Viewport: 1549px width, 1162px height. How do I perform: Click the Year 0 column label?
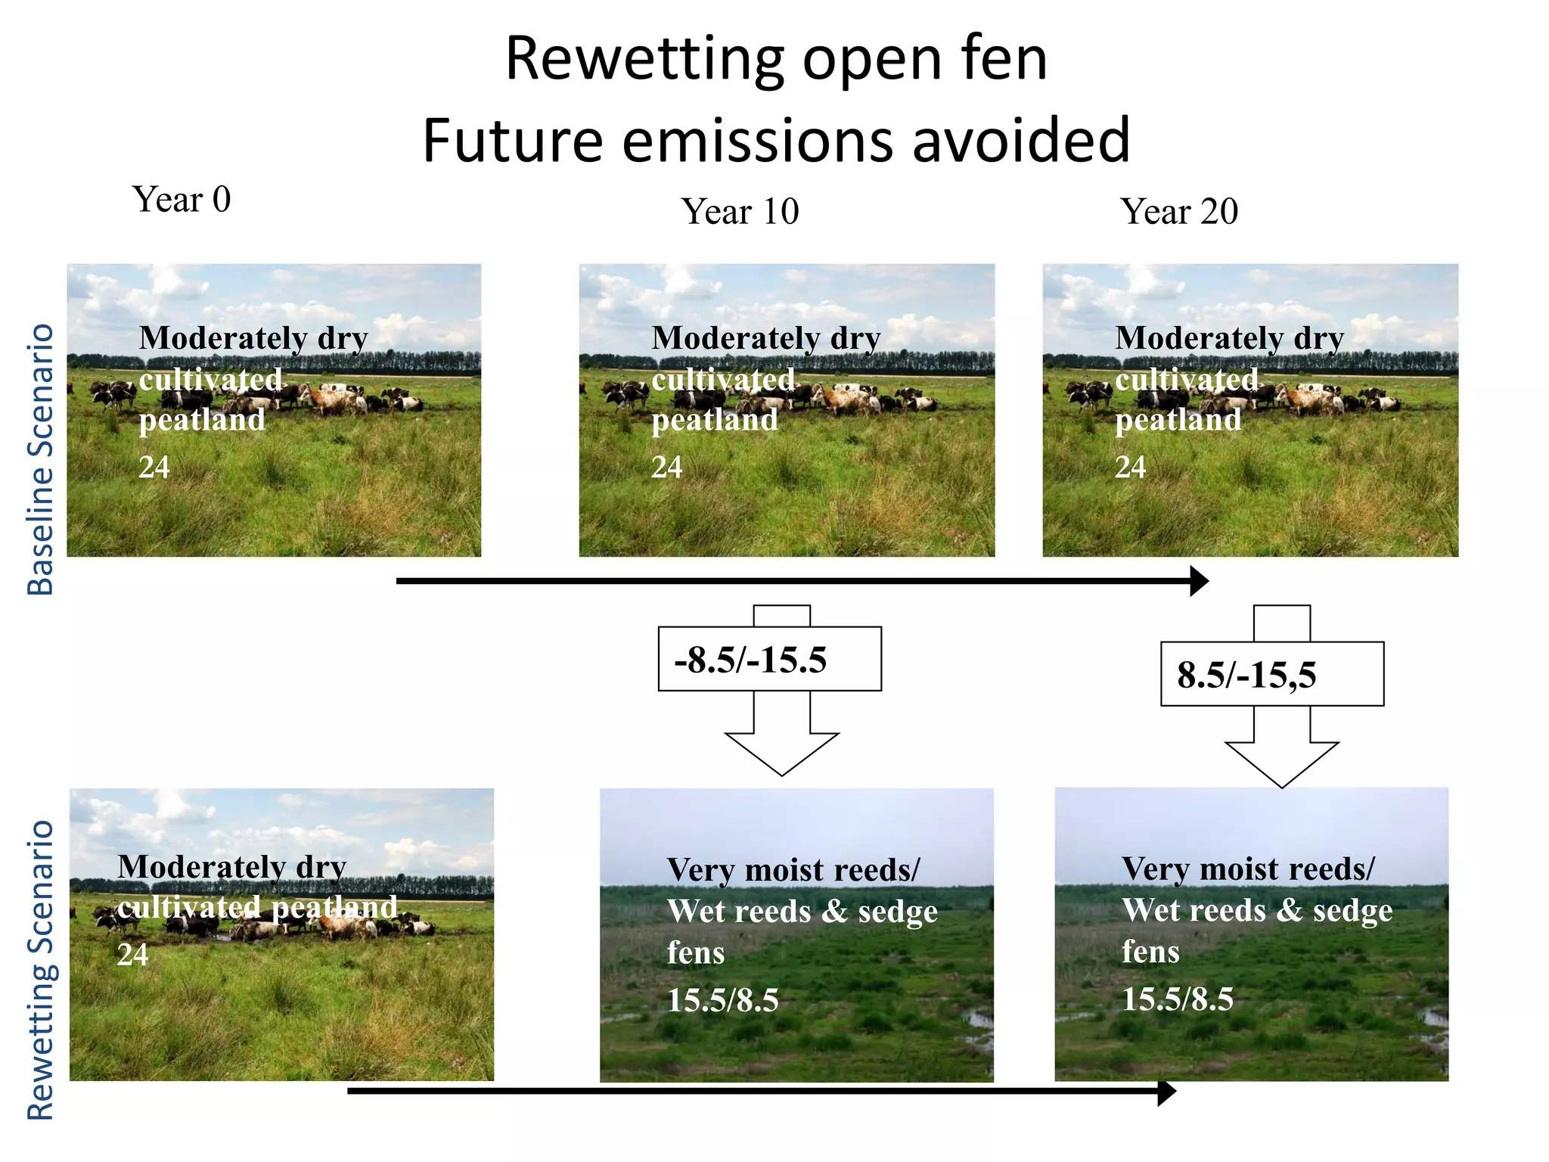pyautogui.click(x=182, y=200)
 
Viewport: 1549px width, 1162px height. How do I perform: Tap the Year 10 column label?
pyautogui.click(x=740, y=212)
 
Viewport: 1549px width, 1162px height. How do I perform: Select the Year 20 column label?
pyautogui.click(x=1179, y=212)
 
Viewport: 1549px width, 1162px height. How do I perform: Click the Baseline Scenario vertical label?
pyautogui.click(x=41, y=459)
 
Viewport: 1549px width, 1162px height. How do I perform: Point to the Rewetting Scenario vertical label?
pyautogui.click(x=41, y=970)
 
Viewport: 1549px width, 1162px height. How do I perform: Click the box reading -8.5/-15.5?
pyautogui.click(x=769, y=659)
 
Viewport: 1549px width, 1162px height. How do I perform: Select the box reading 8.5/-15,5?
pyautogui.click(x=1271, y=674)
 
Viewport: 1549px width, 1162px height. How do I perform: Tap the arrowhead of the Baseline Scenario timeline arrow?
pyautogui.click(x=1200, y=581)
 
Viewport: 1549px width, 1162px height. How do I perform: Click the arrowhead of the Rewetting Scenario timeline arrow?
pyautogui.click(x=1167, y=1092)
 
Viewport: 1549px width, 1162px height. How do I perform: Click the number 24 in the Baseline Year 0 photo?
pyautogui.click(x=154, y=468)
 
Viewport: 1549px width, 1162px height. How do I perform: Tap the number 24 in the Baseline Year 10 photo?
pyautogui.click(x=666, y=468)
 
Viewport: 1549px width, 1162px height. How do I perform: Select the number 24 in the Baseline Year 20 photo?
pyautogui.click(x=1130, y=468)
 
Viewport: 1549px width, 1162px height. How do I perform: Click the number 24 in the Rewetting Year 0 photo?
pyautogui.click(x=133, y=955)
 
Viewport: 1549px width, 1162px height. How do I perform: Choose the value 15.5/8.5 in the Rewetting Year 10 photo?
pyautogui.click(x=722, y=1000)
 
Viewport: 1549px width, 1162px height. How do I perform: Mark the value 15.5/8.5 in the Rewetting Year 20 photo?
pyautogui.click(x=1177, y=999)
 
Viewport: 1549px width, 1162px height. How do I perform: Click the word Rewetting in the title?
pyautogui.click(x=645, y=59)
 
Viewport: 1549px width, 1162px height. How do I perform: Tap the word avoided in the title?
pyautogui.click(x=1021, y=141)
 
